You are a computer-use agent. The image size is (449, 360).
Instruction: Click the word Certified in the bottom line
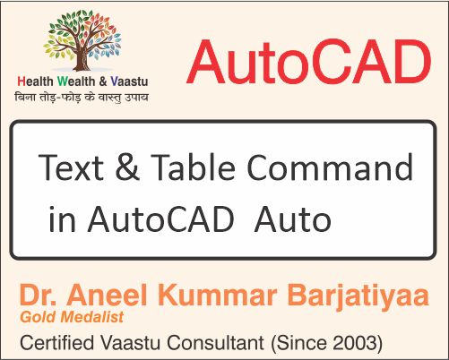59,341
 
